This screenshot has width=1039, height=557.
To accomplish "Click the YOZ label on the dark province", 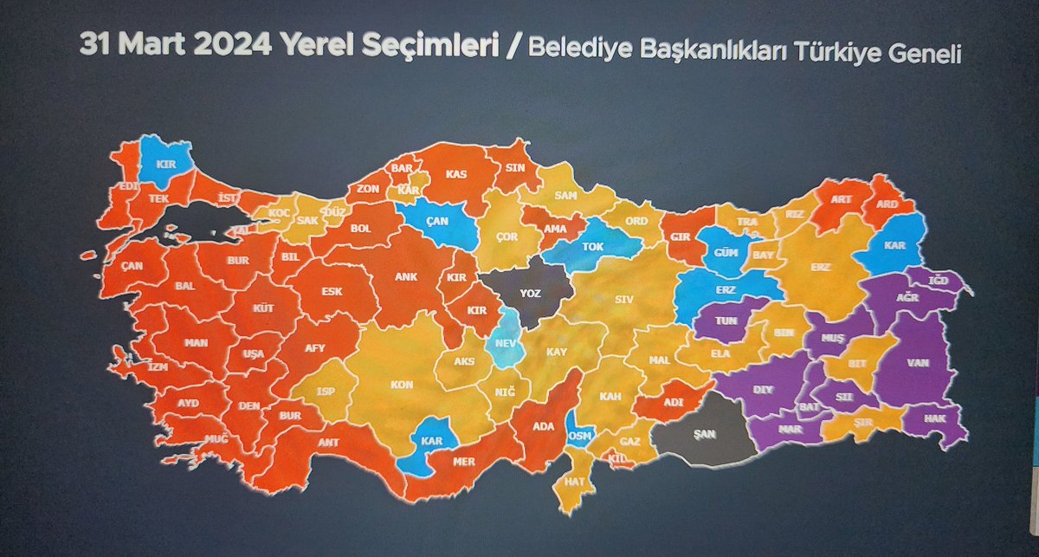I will (530, 294).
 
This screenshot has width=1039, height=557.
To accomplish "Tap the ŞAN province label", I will (703, 436).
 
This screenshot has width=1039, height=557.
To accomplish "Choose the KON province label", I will (401, 384).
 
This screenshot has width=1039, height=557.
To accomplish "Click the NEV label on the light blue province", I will (505, 342).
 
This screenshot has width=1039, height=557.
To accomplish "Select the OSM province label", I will (579, 436).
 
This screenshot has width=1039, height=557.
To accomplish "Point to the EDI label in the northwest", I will (129, 185).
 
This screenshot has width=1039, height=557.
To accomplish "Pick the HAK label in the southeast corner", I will (937, 418).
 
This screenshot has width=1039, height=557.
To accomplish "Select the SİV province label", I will (623, 300).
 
